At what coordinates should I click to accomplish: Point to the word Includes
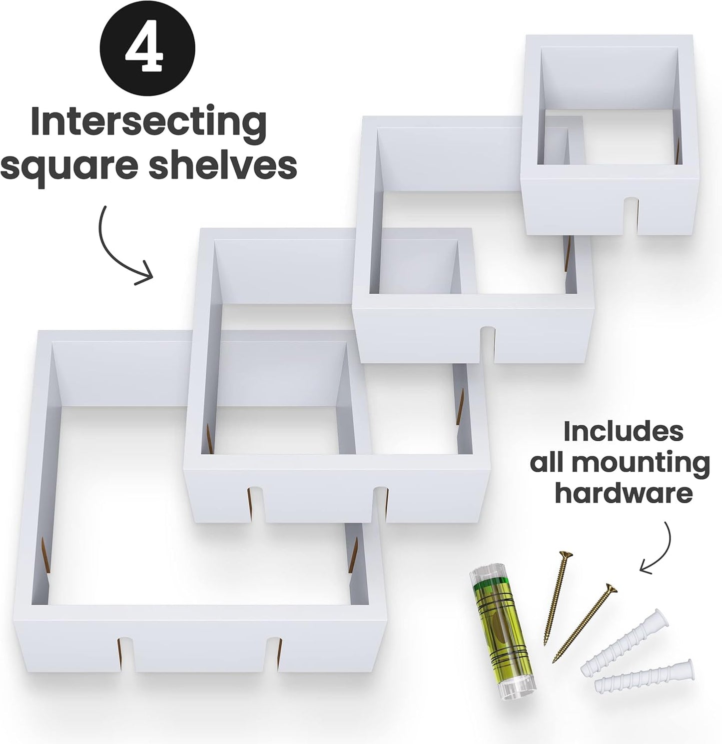click(623, 431)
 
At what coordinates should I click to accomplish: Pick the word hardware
click(624, 493)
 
